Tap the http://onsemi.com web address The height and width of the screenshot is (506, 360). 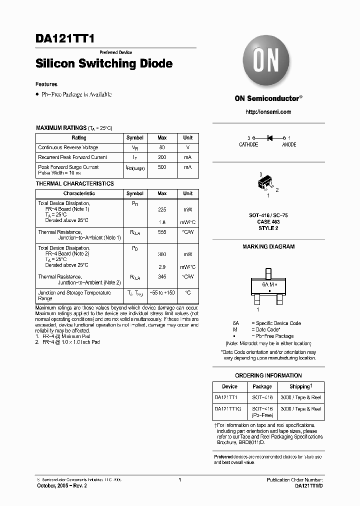tap(268, 112)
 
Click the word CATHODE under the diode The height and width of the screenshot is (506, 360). tap(248, 144)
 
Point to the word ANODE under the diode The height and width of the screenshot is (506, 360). tap(289, 144)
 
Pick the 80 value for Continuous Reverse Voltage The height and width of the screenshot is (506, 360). tap(162, 147)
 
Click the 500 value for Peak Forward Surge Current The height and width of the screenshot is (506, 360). tap(162, 167)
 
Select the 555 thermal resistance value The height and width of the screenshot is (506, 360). tap(162, 232)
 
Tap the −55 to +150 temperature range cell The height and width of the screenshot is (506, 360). tap(162, 292)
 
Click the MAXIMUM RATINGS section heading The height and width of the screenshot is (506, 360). tap(61, 128)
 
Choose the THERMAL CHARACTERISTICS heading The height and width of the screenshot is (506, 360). tap(74, 183)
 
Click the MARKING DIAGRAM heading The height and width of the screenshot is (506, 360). tap(268, 246)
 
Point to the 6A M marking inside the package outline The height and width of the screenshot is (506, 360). tap(268, 283)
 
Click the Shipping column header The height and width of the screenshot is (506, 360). tap(300, 386)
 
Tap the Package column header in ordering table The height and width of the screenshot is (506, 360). tap(262, 386)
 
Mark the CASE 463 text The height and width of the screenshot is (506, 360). tap(268, 221)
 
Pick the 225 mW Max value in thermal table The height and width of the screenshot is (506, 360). tap(162, 210)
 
